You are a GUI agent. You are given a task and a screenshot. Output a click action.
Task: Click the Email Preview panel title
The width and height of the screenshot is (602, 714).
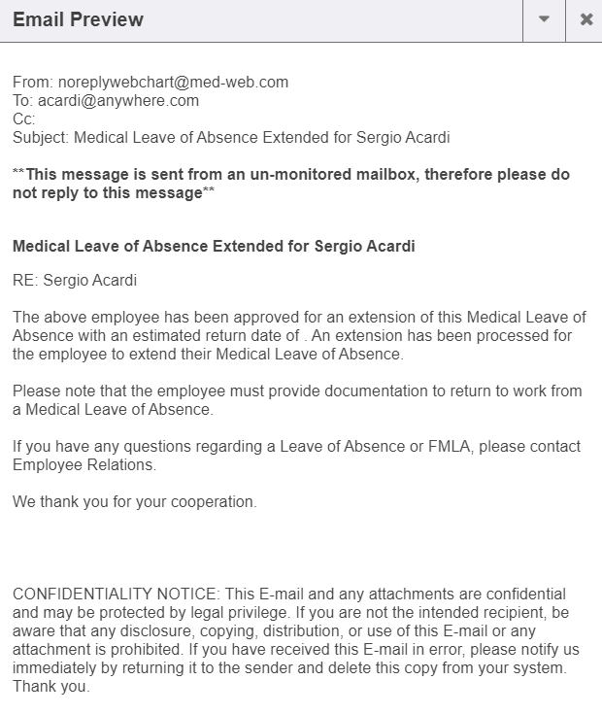click(x=78, y=19)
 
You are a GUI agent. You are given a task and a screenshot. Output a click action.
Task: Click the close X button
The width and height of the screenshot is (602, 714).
click(x=585, y=19)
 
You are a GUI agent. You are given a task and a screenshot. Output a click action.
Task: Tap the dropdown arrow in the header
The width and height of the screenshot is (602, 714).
click(x=544, y=19)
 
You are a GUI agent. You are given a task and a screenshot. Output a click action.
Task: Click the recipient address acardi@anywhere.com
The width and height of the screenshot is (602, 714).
click(x=118, y=101)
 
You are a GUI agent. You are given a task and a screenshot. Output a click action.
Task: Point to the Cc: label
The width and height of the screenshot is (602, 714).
click(x=24, y=119)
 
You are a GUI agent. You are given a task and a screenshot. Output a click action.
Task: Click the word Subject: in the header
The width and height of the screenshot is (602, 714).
click(x=41, y=138)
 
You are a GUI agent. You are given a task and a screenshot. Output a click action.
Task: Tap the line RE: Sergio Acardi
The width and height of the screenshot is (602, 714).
click(x=75, y=282)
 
